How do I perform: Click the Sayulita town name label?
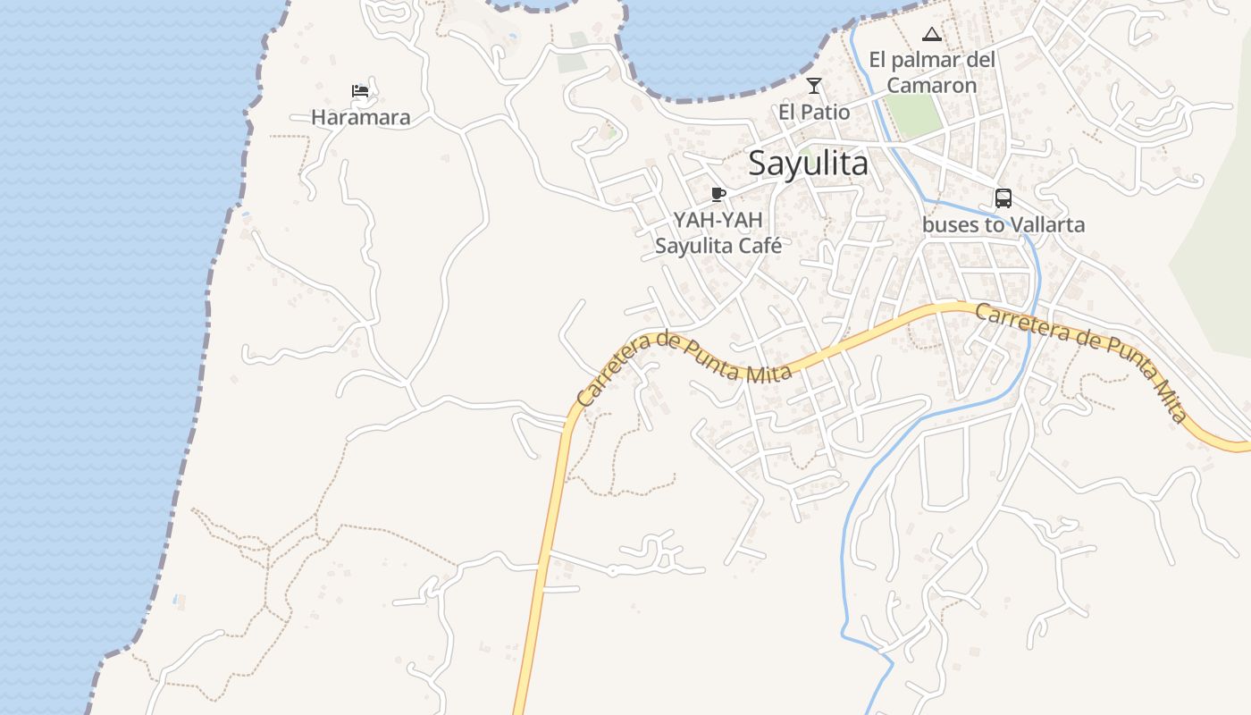click(x=808, y=164)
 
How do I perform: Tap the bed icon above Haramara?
click(x=360, y=91)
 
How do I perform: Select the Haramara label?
click(x=360, y=117)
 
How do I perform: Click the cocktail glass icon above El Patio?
click(x=813, y=86)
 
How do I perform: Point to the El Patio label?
click(x=813, y=112)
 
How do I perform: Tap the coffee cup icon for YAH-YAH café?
click(x=718, y=194)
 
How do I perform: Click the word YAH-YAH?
click(x=718, y=221)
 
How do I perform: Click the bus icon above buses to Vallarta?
click(x=1003, y=198)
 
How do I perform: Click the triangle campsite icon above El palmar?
click(x=931, y=35)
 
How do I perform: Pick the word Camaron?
click(x=931, y=86)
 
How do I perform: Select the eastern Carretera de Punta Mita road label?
click(x=1082, y=361)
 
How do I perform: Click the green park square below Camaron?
click(x=914, y=116)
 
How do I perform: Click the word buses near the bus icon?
click(x=950, y=224)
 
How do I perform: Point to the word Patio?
click(x=826, y=112)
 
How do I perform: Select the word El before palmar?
click(x=879, y=61)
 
